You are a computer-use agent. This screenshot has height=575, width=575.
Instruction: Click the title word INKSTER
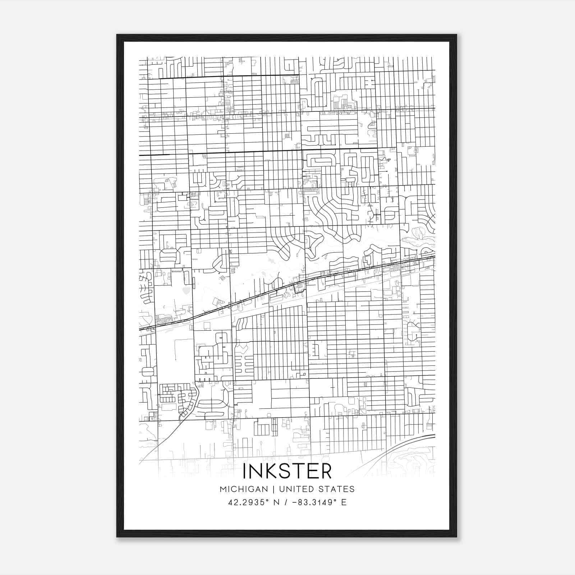click(x=287, y=471)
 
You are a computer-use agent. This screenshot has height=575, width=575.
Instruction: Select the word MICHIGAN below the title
click(x=244, y=489)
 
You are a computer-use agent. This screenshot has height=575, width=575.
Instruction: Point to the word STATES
click(x=337, y=489)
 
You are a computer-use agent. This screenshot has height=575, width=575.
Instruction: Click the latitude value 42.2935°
click(x=248, y=502)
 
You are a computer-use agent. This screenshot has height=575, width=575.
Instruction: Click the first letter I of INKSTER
click(x=245, y=471)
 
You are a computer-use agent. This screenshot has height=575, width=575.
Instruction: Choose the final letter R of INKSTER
click(x=325, y=471)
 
